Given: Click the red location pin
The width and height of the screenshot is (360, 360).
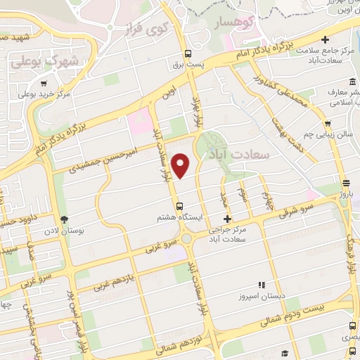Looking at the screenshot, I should point(181,165).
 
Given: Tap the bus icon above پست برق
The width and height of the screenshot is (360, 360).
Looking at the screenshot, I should point(188,53).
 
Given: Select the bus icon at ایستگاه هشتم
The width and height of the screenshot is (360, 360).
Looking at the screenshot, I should point(180,207).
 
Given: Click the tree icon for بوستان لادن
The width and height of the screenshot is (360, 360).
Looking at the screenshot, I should point(65,220).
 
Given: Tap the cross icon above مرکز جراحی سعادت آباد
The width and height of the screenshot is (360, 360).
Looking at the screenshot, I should point(226,220).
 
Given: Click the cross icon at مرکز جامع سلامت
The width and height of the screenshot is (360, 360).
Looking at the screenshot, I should point(325,39).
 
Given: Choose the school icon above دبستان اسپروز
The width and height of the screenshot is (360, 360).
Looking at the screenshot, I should point(261,285).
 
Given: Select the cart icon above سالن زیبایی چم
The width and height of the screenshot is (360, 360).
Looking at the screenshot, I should point(327,121).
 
